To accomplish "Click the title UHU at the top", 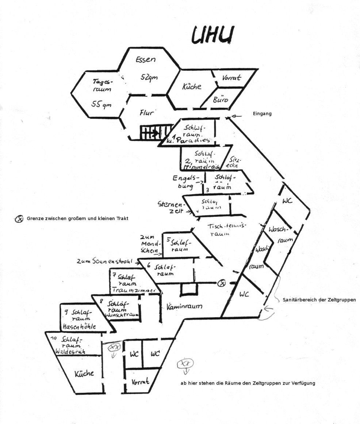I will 212,36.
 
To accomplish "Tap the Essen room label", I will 146,60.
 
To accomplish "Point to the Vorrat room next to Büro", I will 231,78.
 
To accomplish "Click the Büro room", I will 220,99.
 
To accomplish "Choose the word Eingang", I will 262,114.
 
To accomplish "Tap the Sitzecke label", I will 234,162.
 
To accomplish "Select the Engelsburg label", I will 183,181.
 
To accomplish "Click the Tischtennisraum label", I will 226,230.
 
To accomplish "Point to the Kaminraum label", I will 184,306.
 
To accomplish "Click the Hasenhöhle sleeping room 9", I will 79,319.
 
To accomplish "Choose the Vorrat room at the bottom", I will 140,382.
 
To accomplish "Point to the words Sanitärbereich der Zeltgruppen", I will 319,300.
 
